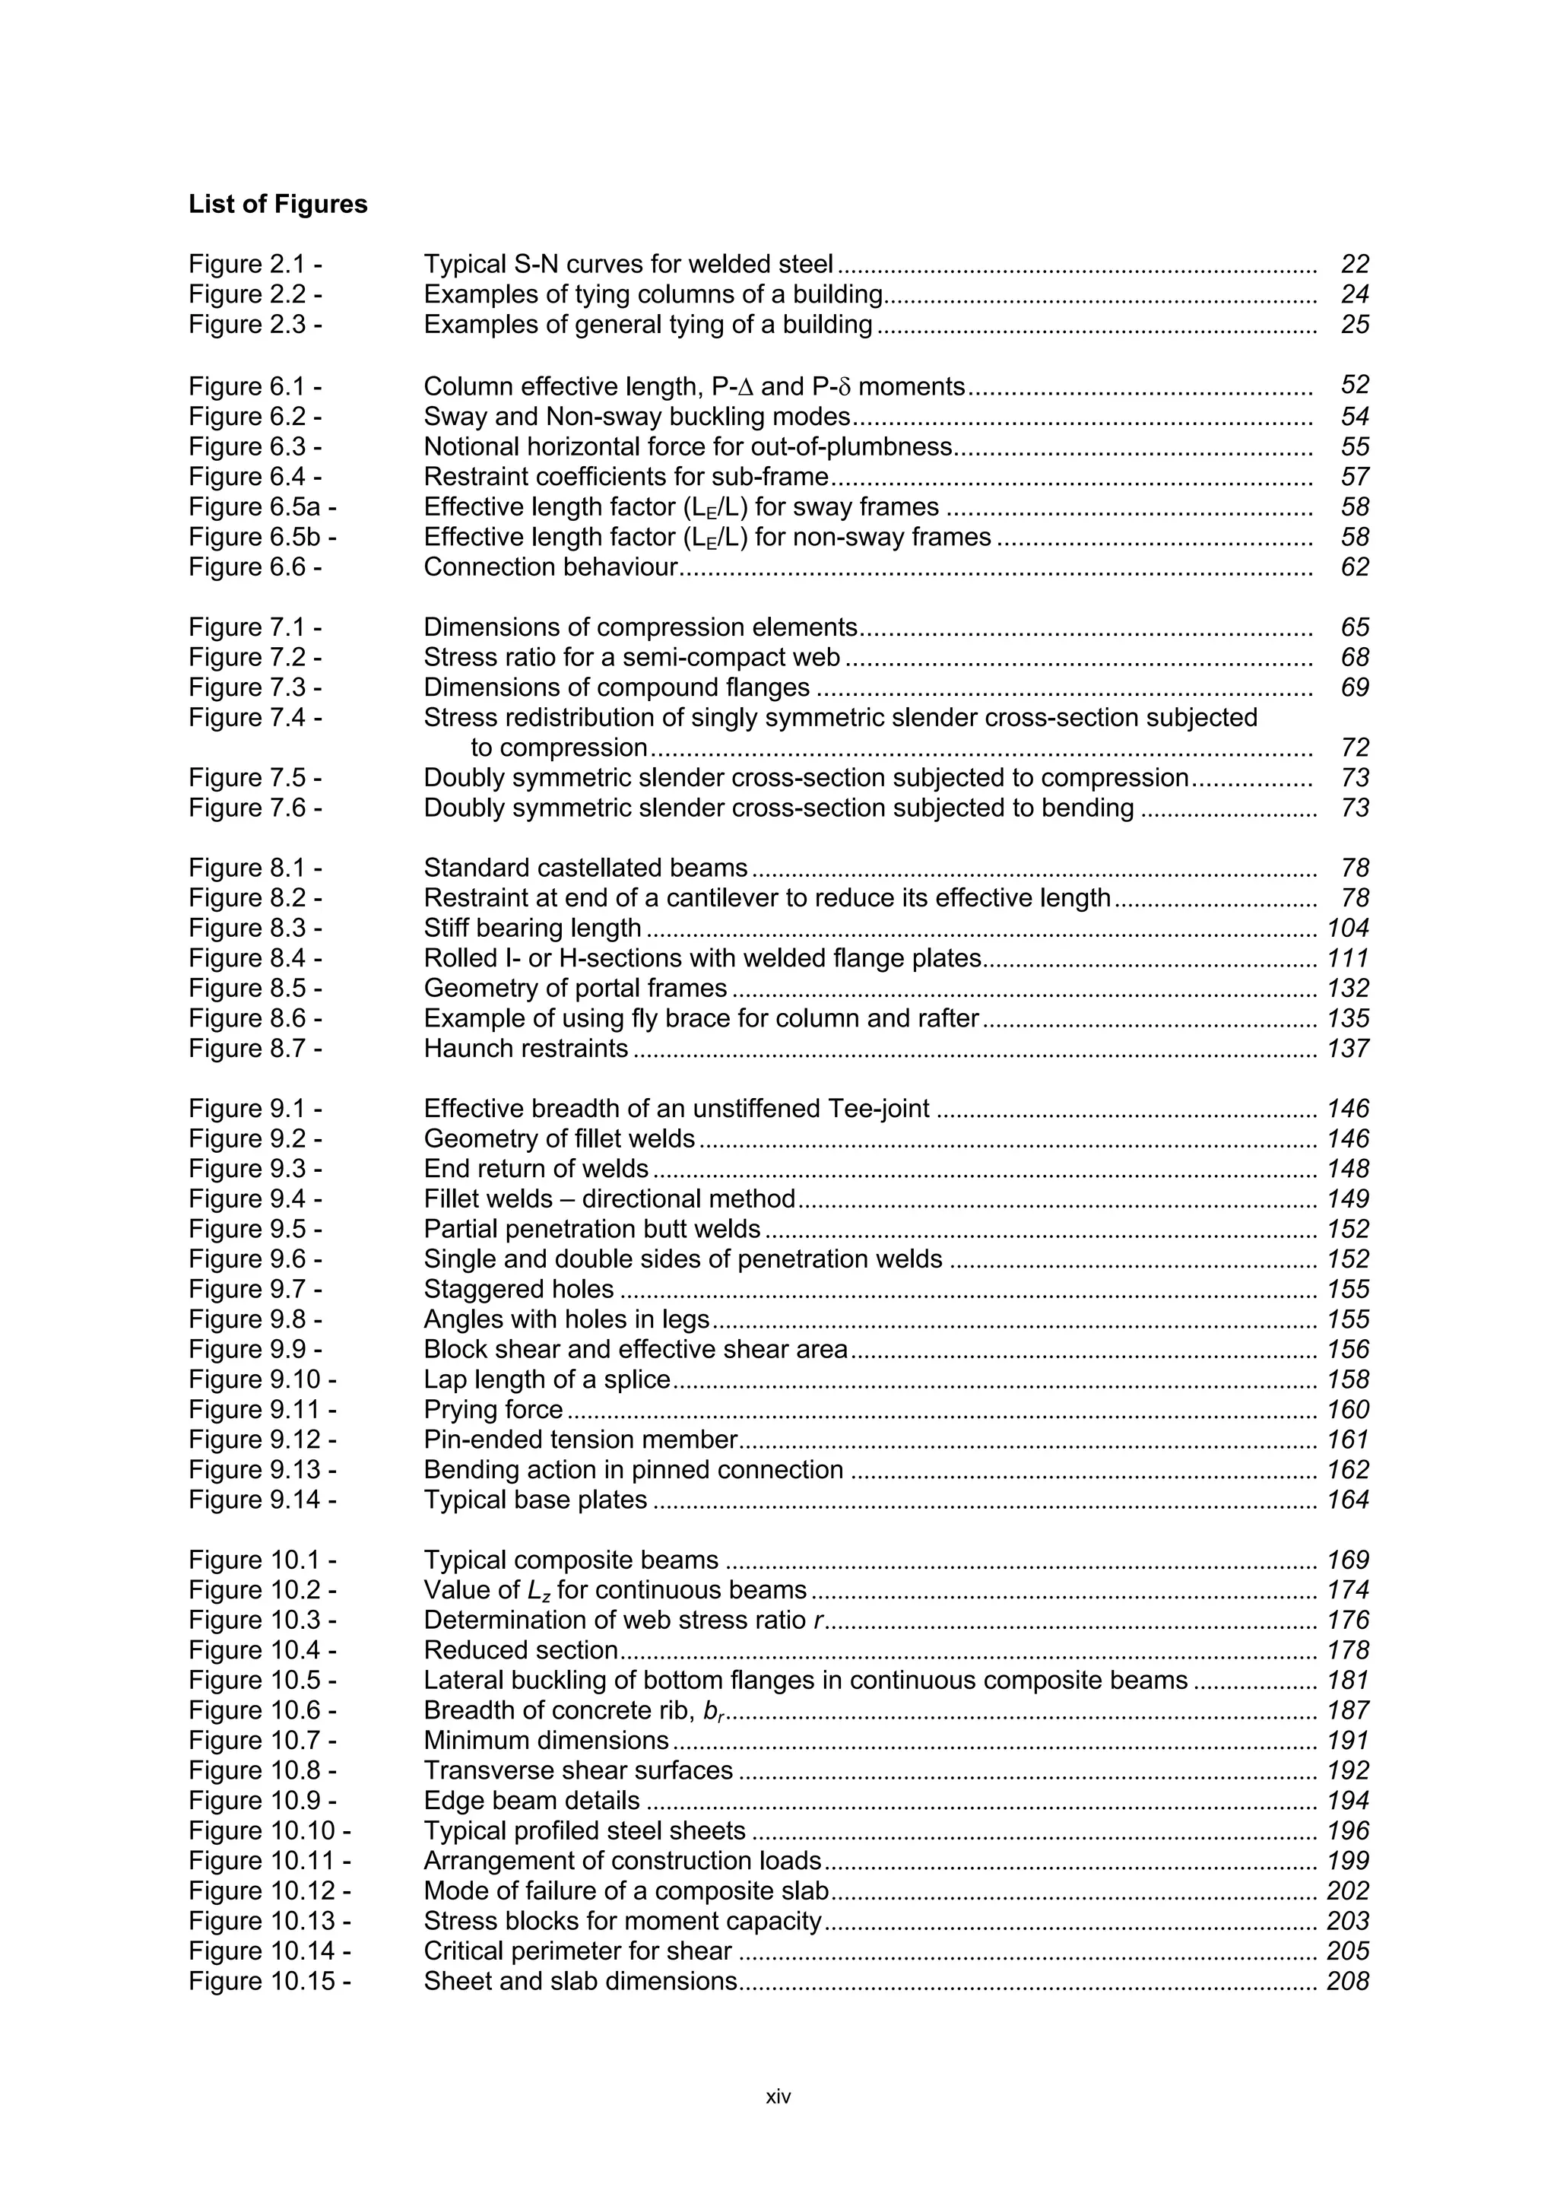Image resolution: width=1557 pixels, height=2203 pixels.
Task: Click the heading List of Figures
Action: pyautogui.click(x=277, y=205)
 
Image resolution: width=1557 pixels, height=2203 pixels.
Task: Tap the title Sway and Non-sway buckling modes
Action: pyautogui.click(x=637, y=417)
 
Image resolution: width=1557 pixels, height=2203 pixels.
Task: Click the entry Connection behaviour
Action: pyautogui.click(x=550, y=567)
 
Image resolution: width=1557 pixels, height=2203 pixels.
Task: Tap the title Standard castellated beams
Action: pyautogui.click(x=585, y=868)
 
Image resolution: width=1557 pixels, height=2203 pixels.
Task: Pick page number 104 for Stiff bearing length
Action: pyautogui.click(x=1348, y=928)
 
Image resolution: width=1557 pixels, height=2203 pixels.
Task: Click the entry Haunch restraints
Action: pyautogui.click(x=525, y=1048)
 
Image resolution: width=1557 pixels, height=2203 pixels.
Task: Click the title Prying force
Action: pyautogui.click(x=493, y=1410)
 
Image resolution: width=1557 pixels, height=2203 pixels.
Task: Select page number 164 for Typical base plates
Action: pyautogui.click(x=1348, y=1500)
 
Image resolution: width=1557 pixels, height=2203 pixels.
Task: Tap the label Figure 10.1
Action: pyautogui.click(x=261, y=1560)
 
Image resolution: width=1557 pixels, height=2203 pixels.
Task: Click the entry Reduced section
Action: pyautogui.click(x=521, y=1650)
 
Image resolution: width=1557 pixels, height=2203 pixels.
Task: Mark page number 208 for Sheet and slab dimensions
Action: pyautogui.click(x=1348, y=1982)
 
